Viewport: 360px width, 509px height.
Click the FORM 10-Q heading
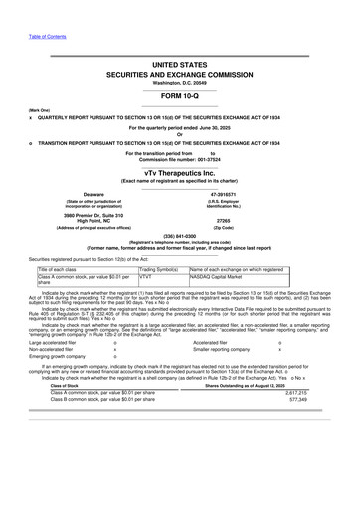click(x=180, y=96)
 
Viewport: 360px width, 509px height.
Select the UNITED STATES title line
click(x=180, y=63)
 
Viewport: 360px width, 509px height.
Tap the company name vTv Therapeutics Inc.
click(x=180, y=173)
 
